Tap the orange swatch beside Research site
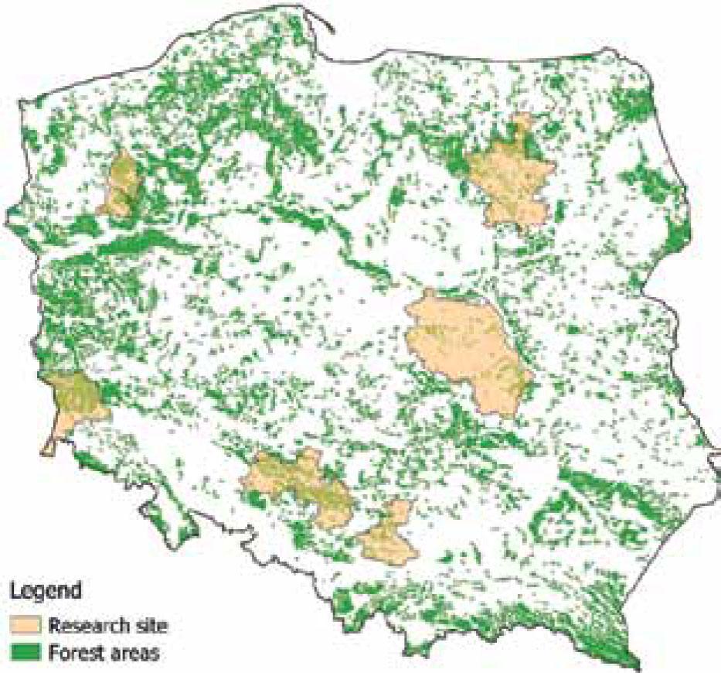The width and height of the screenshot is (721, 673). [26, 623]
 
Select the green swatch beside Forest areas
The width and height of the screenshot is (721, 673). [26, 651]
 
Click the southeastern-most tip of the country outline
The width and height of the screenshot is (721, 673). [638, 666]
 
